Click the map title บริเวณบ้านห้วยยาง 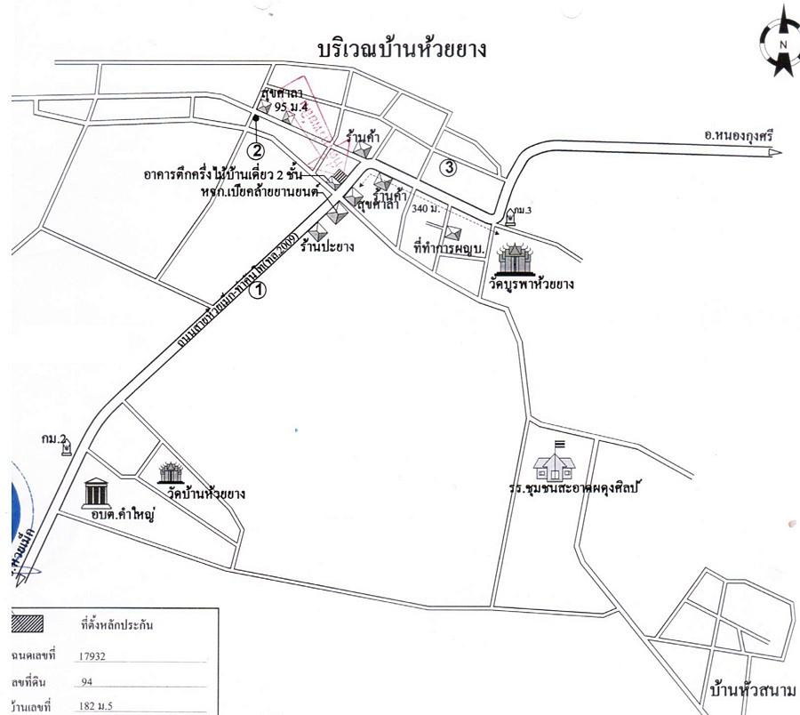point(401,50)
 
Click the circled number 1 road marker point(259,289)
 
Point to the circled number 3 point(450,165)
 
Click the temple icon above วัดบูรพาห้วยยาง point(512,259)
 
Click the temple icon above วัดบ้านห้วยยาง point(170,473)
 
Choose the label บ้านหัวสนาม point(755,691)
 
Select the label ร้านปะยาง point(326,247)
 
